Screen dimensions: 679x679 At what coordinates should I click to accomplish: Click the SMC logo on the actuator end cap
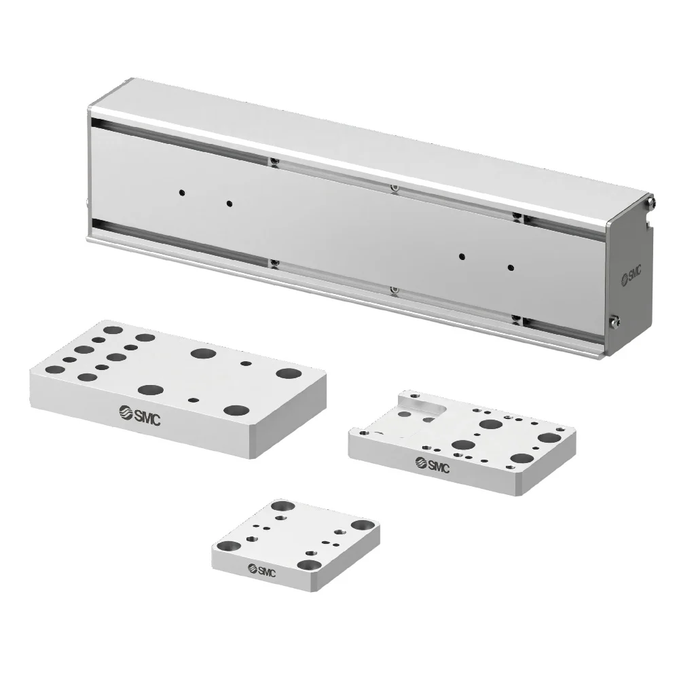click(631, 275)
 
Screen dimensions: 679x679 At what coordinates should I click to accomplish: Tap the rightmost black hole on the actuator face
click(511, 267)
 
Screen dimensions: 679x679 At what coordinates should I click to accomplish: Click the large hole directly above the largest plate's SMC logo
click(151, 390)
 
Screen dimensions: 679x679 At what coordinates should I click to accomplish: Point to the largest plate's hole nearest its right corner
click(289, 373)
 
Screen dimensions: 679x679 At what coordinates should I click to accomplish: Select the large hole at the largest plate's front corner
click(236, 410)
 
